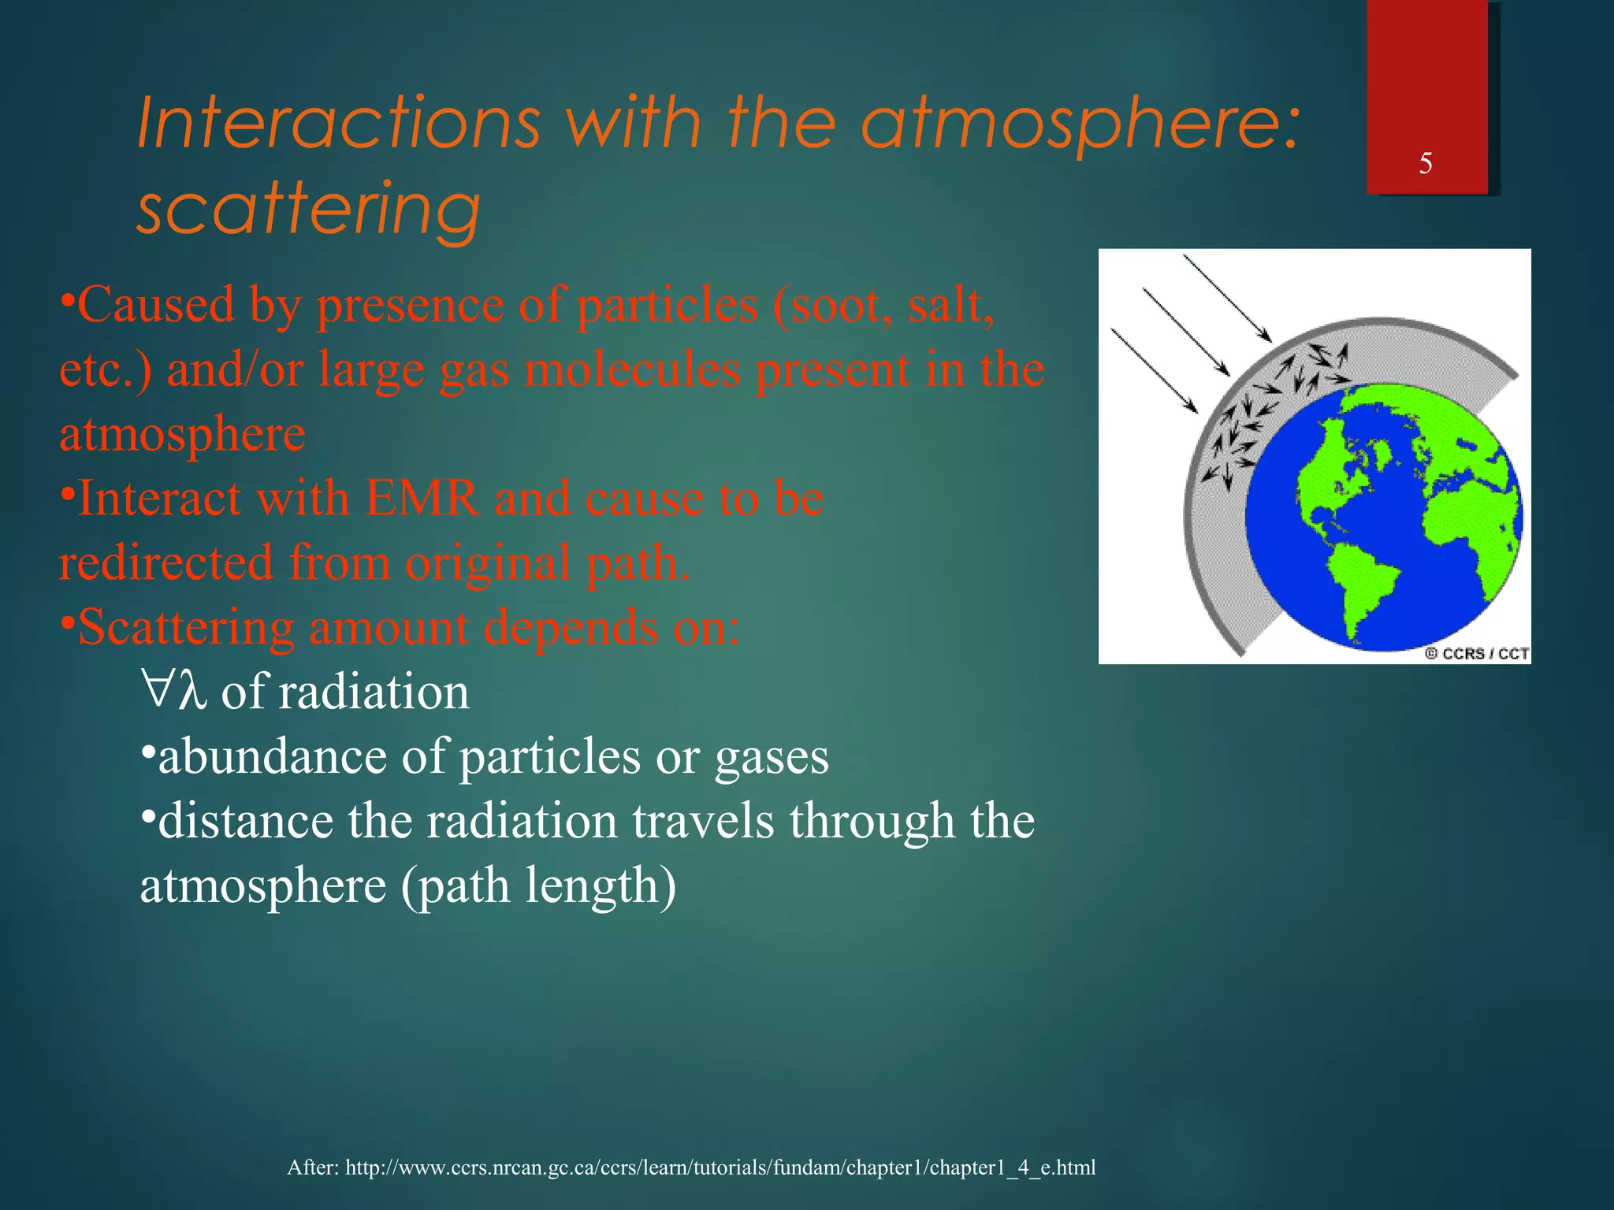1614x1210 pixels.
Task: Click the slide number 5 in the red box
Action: [x=1425, y=164]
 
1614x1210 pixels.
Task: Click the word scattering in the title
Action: [x=309, y=208]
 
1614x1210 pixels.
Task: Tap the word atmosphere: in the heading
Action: [x=1080, y=124]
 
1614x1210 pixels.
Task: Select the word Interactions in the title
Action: [x=339, y=124]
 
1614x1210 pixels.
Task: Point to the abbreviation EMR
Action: [x=422, y=499]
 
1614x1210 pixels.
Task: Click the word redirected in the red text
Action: [x=165, y=564]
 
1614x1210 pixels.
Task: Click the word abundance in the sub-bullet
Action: [x=273, y=757]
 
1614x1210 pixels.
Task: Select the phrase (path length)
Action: [x=539, y=886]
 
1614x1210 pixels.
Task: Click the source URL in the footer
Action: [x=720, y=1167]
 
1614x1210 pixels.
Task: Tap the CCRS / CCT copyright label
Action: [x=1477, y=653]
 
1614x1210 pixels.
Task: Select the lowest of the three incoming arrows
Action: [x=1154, y=370]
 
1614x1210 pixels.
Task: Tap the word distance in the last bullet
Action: [x=245, y=822]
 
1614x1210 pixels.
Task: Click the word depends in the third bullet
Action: [x=570, y=629]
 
